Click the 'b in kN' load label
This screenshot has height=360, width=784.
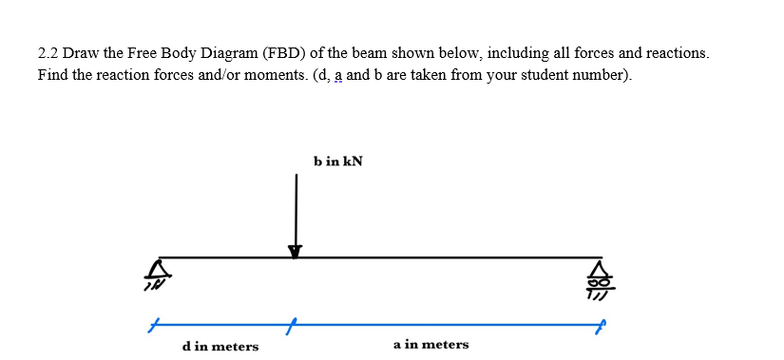click(x=336, y=162)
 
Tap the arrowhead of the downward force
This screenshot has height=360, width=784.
click(x=296, y=251)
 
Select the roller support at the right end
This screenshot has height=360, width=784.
click(x=600, y=275)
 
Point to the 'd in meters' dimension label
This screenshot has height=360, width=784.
click(x=220, y=347)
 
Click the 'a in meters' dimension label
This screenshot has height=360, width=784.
click(x=430, y=345)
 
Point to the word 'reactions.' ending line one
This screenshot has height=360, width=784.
click(x=675, y=53)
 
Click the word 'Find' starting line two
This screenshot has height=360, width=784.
click(x=53, y=75)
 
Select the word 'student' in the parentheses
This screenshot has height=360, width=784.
click(x=541, y=75)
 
